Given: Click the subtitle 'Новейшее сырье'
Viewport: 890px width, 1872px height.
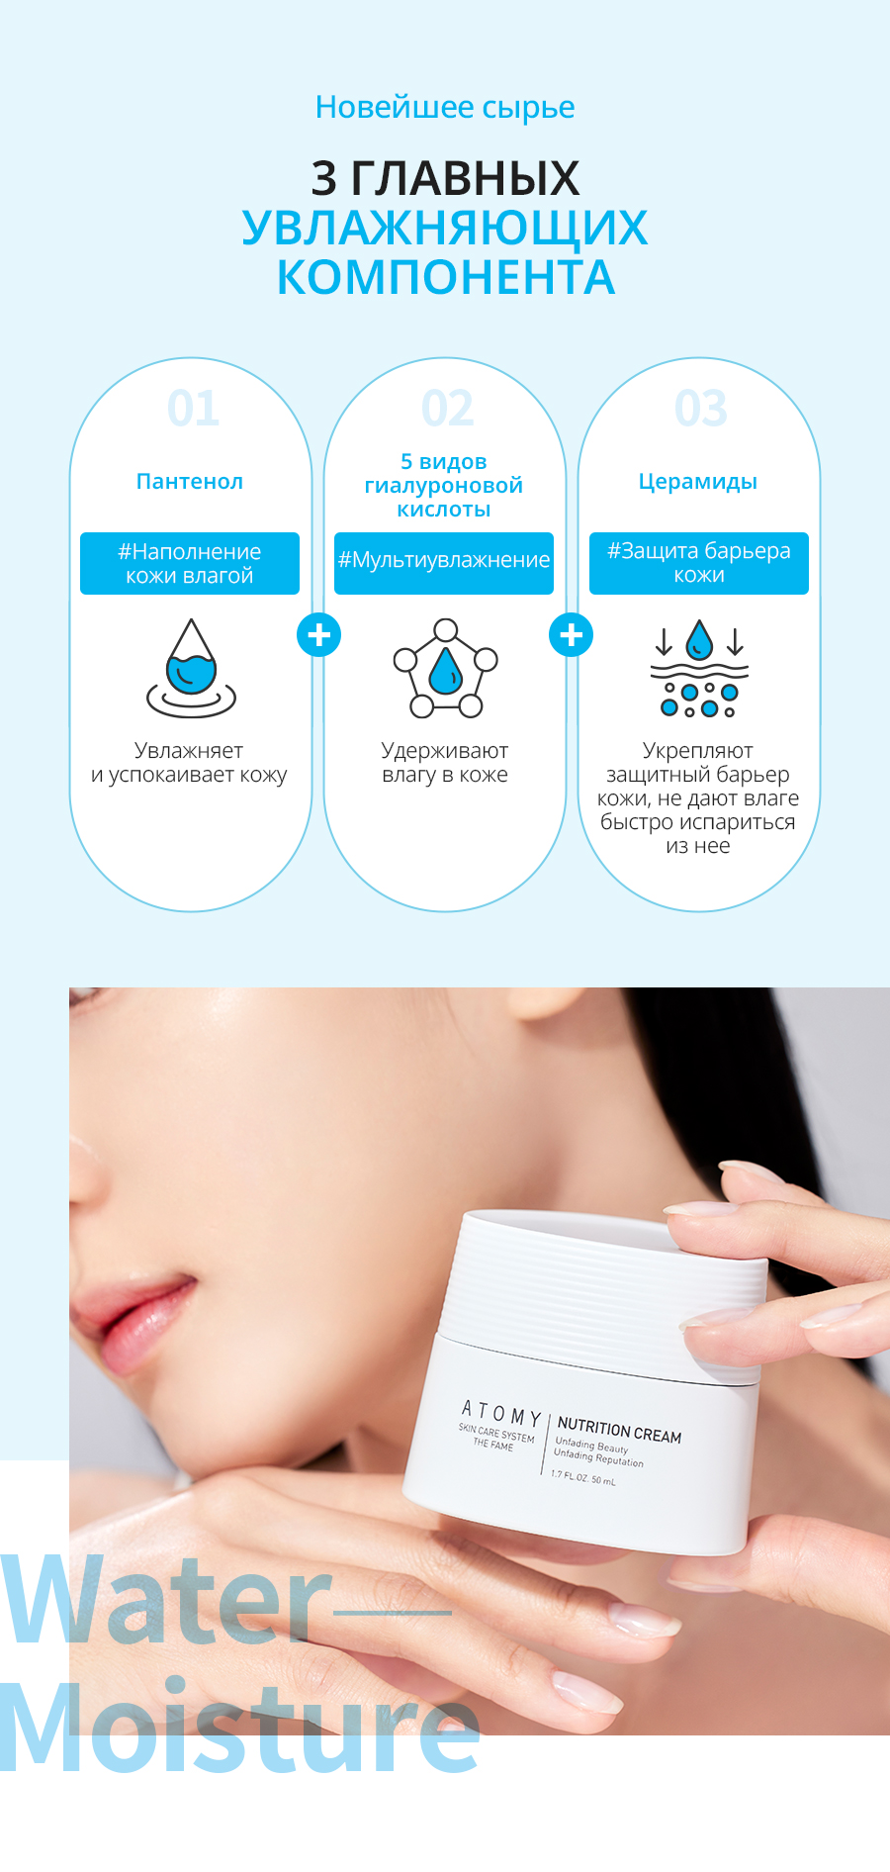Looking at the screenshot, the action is (445, 108).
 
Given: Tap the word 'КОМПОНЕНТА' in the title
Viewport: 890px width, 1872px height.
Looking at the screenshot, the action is (446, 277).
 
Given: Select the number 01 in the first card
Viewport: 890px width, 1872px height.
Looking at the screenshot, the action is (193, 408).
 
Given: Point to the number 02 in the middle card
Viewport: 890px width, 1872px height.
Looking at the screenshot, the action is (447, 408).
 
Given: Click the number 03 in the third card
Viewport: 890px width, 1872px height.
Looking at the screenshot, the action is (701, 408).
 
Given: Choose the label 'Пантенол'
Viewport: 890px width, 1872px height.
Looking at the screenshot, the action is (190, 482).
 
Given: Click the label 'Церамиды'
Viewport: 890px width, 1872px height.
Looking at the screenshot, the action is (698, 482).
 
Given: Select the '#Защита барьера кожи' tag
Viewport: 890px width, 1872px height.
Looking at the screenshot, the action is (699, 563).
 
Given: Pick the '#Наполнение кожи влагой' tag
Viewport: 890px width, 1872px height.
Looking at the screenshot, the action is (190, 563).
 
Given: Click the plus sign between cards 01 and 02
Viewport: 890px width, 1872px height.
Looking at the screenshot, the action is (318, 635).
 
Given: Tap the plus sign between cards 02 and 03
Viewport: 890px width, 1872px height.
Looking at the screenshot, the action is (572, 635).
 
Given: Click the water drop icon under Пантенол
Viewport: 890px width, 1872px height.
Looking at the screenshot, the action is (192, 668).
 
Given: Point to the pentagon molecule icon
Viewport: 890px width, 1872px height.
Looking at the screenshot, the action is (446, 668).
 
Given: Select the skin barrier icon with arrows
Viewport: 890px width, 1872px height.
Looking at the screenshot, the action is (699, 670).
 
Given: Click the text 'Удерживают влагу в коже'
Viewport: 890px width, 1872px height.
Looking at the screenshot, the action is (445, 763).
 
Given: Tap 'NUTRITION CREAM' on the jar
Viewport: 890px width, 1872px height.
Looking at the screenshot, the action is (619, 1430).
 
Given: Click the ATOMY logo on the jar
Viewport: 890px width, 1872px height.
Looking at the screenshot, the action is (501, 1412).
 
